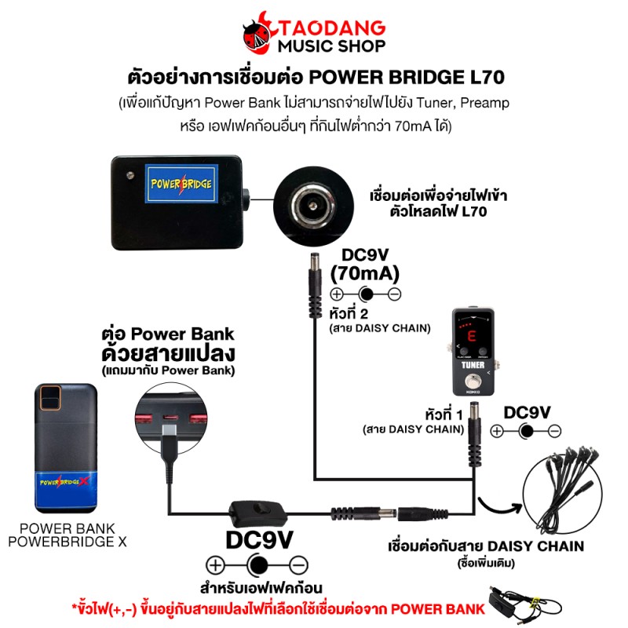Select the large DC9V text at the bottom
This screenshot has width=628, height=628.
click(x=259, y=541)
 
